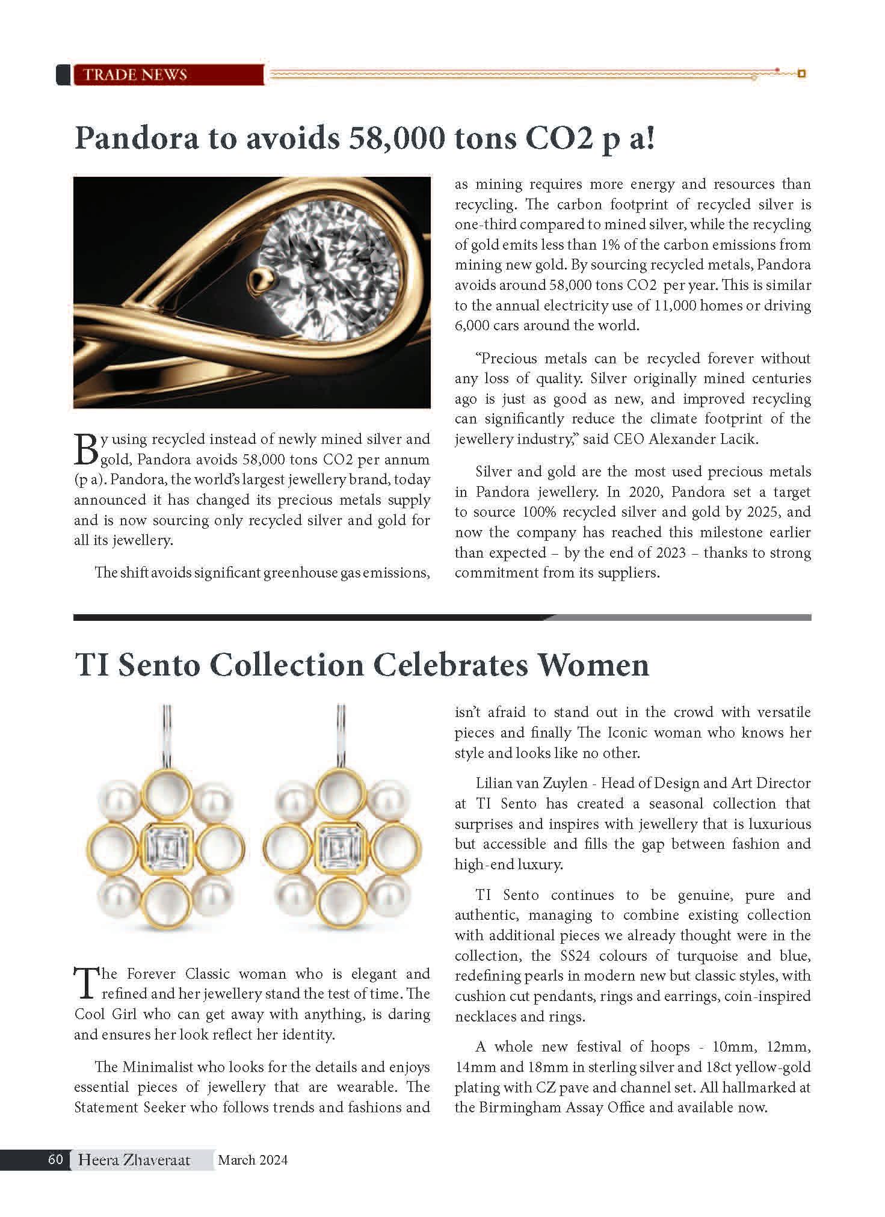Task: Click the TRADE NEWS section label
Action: (x=135, y=75)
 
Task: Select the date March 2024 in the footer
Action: (x=253, y=1160)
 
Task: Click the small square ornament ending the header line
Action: (x=801, y=74)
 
